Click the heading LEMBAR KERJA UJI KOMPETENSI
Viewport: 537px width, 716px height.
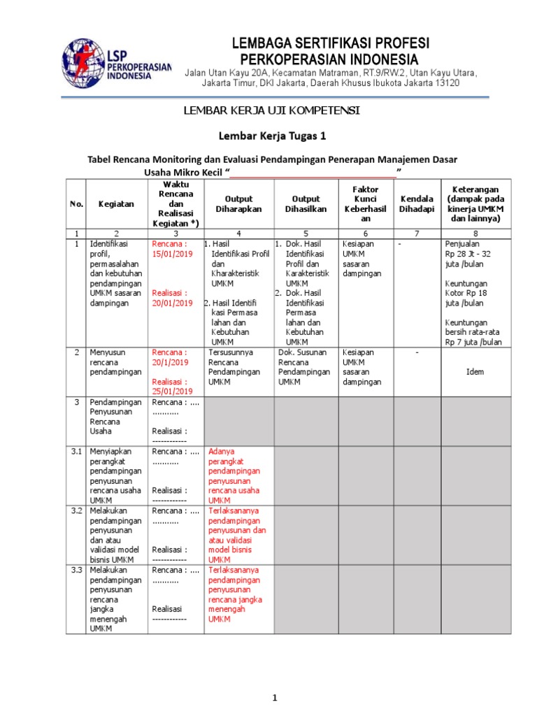pyautogui.click(x=272, y=110)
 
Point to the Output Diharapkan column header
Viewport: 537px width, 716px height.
pyautogui.click(x=238, y=203)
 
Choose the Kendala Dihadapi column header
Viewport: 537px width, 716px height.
pyautogui.click(x=417, y=203)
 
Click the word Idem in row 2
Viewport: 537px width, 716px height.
pyautogui.click(x=475, y=372)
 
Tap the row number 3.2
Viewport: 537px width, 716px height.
pyautogui.click(x=77, y=512)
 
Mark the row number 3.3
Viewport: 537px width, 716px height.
pyautogui.click(x=77, y=571)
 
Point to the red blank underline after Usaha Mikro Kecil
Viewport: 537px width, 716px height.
pyautogui.click(x=313, y=172)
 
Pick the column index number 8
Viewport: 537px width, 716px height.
pyautogui.click(x=475, y=233)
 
